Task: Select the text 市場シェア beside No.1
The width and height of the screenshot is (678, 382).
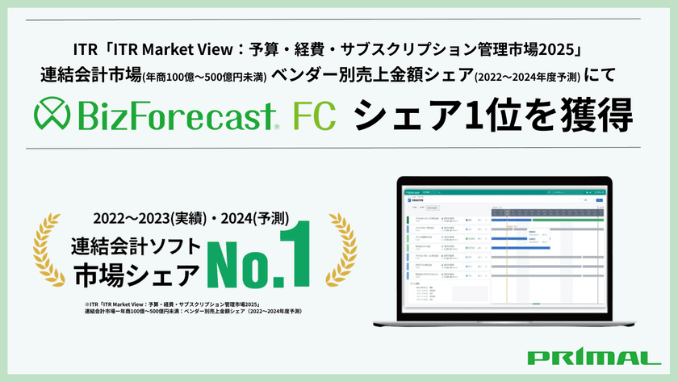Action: click(x=135, y=275)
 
